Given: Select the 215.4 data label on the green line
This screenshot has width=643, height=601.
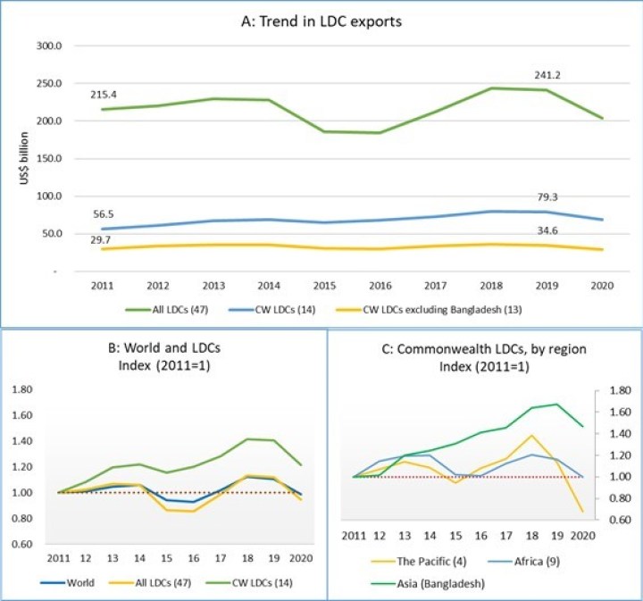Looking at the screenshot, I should click(106, 94).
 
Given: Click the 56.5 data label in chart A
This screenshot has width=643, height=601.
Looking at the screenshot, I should click(106, 214).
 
